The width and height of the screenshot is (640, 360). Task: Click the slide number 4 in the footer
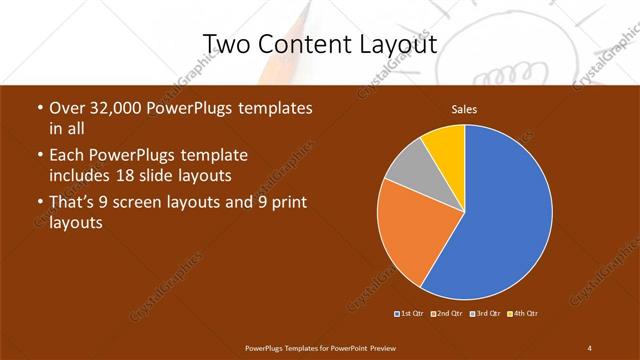(x=589, y=347)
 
